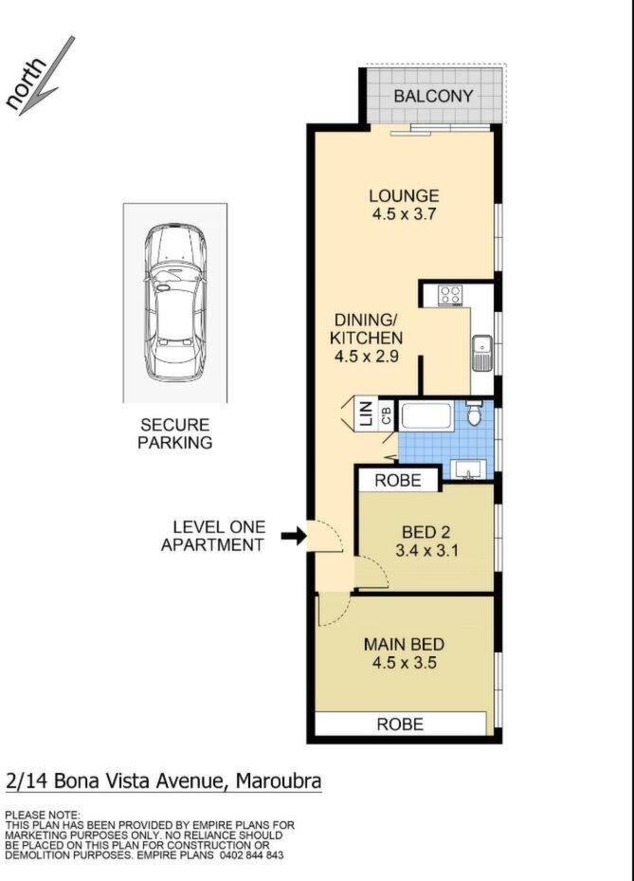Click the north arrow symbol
(46, 76)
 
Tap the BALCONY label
(433, 96)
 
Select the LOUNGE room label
(404, 196)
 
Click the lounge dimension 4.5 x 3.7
(404, 214)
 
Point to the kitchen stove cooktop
(450, 295)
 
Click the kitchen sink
(482, 353)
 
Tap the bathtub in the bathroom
(427, 417)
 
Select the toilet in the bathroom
(475, 412)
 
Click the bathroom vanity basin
(466, 469)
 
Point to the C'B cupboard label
(387, 415)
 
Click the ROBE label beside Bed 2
(398, 481)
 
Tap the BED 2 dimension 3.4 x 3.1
(426, 550)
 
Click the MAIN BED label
(404, 645)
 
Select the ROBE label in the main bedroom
(400, 725)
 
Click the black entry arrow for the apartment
(293, 536)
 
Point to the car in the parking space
(175, 303)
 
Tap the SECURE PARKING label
(175, 433)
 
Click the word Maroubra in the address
(280, 781)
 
